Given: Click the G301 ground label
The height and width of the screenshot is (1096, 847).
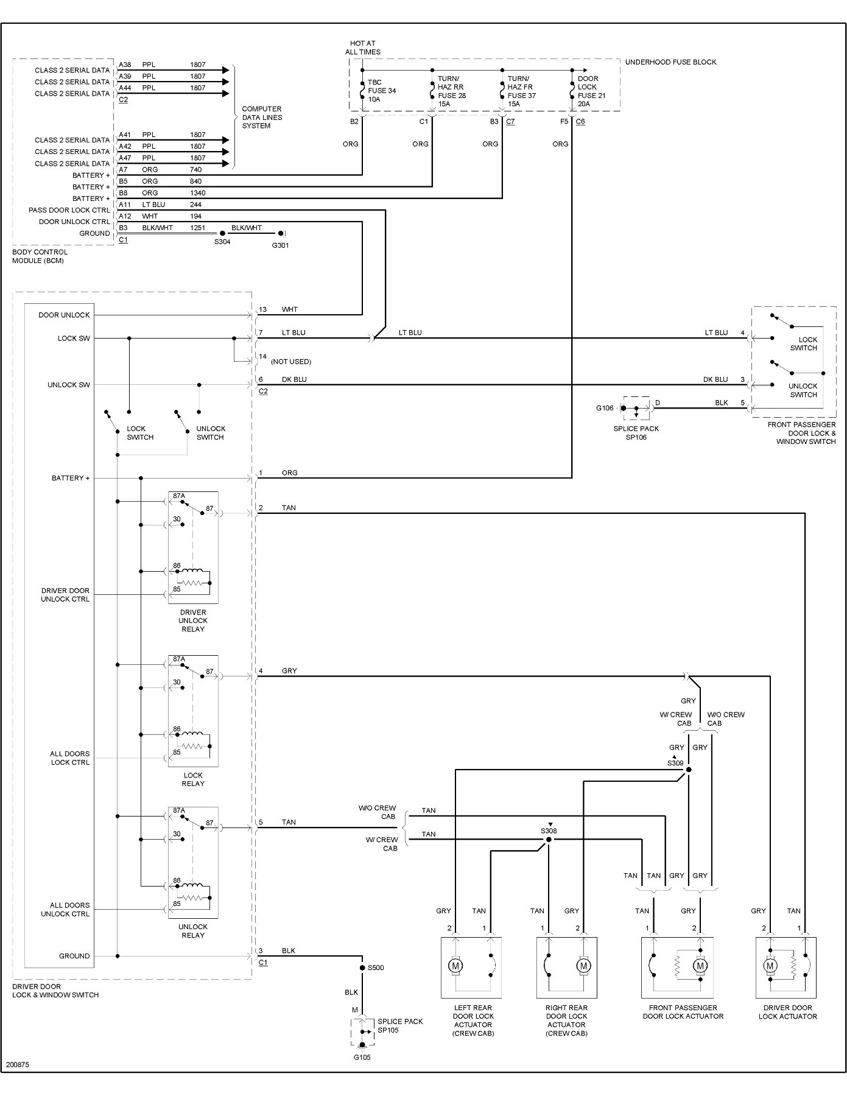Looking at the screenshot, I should [280, 245].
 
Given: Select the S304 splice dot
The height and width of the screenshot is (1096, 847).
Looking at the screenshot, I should [222, 233].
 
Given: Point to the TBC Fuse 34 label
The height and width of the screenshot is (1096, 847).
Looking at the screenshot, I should [382, 91].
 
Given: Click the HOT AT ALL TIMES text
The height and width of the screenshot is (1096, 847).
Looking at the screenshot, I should [363, 47].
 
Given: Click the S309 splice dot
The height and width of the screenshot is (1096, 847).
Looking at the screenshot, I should [689, 770].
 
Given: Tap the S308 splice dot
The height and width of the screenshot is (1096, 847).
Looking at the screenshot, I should [549, 840].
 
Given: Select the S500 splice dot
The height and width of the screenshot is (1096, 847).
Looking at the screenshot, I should [362, 968].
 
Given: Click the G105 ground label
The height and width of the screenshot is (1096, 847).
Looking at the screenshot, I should [362, 1058].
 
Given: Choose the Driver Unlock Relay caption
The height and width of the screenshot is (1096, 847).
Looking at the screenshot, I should [193, 620].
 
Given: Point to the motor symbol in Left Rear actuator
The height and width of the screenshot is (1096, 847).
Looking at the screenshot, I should [455, 966].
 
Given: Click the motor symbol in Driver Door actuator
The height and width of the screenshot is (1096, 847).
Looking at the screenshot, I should [770, 966].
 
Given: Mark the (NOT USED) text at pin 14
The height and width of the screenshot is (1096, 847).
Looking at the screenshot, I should [291, 362].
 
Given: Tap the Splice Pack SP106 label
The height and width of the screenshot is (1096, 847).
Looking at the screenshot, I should [636, 433].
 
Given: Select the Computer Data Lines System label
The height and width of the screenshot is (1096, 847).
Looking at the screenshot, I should [262, 118].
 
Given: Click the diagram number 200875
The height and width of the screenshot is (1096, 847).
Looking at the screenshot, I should [18, 1066].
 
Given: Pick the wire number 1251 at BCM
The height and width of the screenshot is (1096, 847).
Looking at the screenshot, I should [197, 228].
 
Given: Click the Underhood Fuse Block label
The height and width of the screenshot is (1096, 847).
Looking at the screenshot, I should [670, 62].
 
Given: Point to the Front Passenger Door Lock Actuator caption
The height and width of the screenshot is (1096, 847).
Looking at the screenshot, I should [683, 1012].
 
